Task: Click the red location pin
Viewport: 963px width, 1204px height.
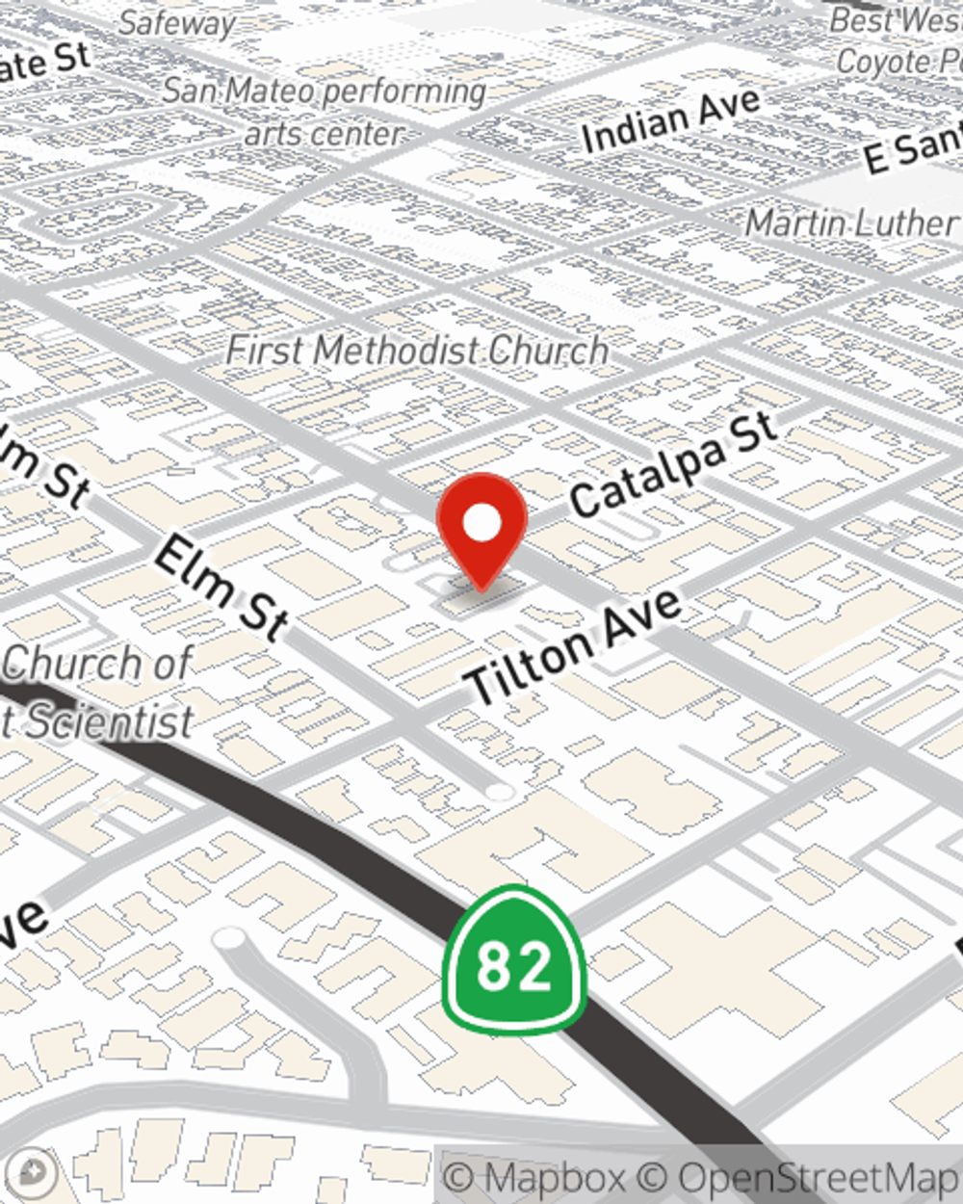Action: (x=481, y=525)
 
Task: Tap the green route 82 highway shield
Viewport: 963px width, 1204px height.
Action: (x=514, y=963)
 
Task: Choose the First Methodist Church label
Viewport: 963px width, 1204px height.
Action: (x=417, y=350)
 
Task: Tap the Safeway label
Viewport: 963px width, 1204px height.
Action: (x=177, y=23)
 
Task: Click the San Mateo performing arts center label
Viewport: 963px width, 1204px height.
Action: (x=324, y=111)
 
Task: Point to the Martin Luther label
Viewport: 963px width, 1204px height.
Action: (x=851, y=223)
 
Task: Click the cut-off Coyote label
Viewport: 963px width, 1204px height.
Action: (x=898, y=62)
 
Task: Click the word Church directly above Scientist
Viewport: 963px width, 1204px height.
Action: (x=96, y=664)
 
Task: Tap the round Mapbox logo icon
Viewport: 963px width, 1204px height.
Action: (x=32, y=1172)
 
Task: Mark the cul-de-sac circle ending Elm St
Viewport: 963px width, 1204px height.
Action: (x=499, y=792)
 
